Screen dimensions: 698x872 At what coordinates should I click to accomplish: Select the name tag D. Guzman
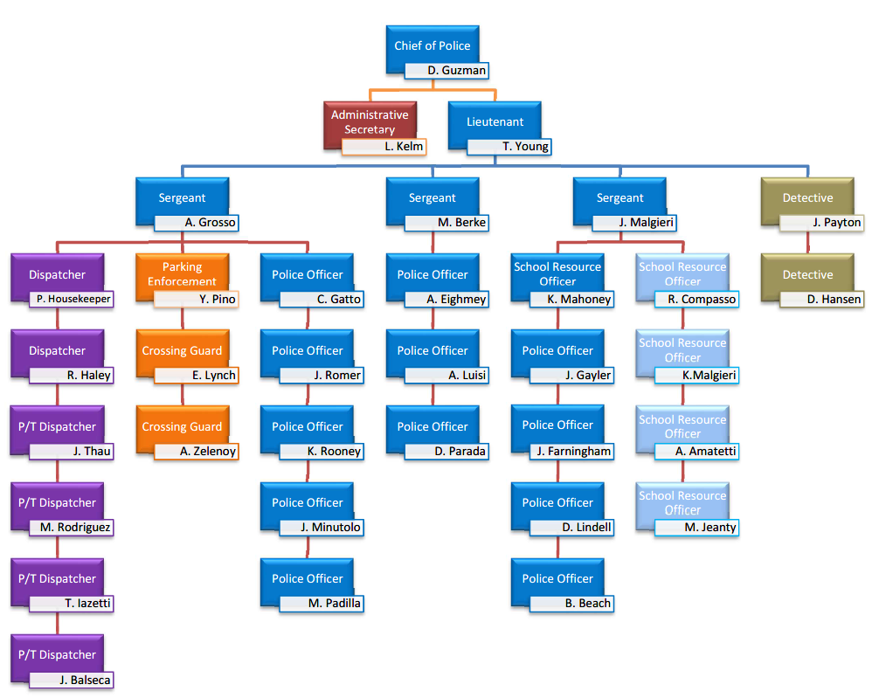pyautogui.click(x=446, y=71)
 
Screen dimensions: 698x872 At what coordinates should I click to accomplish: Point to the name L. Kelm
pyautogui.click(x=384, y=147)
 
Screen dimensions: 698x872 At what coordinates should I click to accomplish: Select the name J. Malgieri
pyautogui.click(x=633, y=223)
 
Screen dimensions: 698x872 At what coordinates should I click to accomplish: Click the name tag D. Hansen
pyautogui.click(x=821, y=299)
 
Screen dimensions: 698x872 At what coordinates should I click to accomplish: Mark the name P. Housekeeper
pyautogui.click(x=71, y=299)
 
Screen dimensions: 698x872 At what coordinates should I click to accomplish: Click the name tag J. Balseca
pyautogui.click(x=71, y=680)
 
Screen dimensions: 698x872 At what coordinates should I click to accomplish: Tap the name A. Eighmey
pyautogui.click(x=446, y=299)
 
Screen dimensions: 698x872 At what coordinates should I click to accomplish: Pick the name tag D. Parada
pyautogui.click(x=446, y=452)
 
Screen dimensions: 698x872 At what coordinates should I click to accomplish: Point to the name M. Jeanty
pyautogui.click(x=696, y=527)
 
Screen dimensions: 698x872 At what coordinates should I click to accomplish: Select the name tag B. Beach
pyautogui.click(x=571, y=604)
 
